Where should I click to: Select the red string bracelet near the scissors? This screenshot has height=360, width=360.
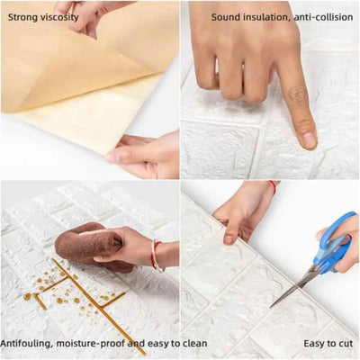pyautogui.click(x=273, y=187)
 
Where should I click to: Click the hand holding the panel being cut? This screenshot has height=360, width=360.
pyautogui.click(x=238, y=211)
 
